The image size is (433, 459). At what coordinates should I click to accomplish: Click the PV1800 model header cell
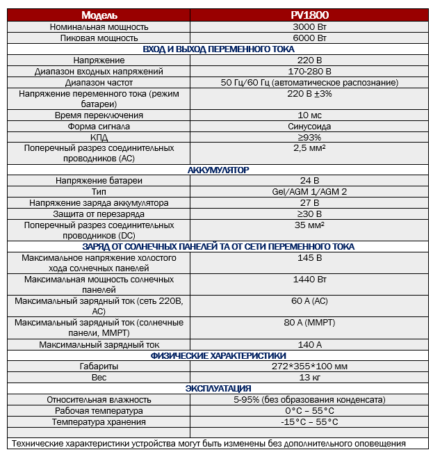click(x=309, y=15)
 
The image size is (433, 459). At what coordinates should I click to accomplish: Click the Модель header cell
click(x=99, y=15)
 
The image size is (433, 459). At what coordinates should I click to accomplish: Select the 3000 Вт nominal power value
click(x=309, y=26)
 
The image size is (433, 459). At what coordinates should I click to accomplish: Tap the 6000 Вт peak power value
click(x=309, y=38)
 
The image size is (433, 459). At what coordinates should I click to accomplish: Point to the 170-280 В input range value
click(x=309, y=71)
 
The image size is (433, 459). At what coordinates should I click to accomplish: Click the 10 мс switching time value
click(x=309, y=115)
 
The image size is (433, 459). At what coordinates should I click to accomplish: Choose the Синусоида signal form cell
click(x=309, y=126)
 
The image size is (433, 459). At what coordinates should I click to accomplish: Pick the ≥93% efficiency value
click(x=309, y=137)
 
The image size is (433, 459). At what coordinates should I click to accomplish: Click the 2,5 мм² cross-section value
click(x=309, y=148)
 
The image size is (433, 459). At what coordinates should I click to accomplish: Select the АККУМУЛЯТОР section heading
click(x=218, y=170)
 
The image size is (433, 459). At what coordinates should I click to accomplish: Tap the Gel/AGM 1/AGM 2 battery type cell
click(x=309, y=192)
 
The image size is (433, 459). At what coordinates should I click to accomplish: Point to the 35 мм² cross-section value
click(x=309, y=225)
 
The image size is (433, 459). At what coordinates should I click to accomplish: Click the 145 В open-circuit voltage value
click(x=309, y=258)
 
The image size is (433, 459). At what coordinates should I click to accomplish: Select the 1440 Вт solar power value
click(x=309, y=280)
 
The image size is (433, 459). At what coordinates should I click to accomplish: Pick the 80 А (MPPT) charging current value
click(x=309, y=323)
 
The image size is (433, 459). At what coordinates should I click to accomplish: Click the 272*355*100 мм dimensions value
click(x=309, y=367)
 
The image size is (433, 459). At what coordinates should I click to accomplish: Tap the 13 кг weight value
click(x=309, y=378)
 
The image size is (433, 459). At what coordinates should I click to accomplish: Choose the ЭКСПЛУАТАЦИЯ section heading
click(x=218, y=389)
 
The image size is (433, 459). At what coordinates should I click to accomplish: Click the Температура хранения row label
click(x=99, y=421)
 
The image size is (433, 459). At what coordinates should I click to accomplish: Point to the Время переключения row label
click(x=99, y=115)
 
